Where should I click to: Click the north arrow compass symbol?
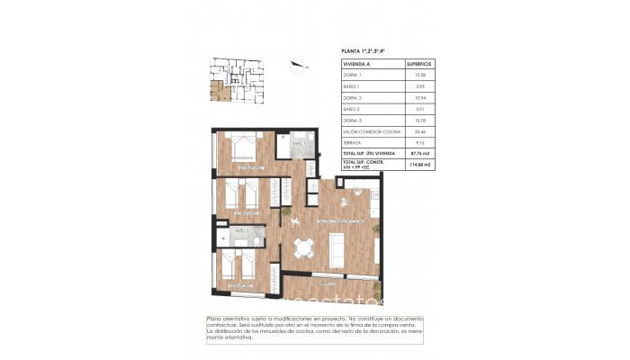(299, 63)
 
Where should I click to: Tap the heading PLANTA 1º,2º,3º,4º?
(367, 52)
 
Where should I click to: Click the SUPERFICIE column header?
(420, 65)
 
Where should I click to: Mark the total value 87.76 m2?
(418, 153)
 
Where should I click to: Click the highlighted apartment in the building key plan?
(216, 89)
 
